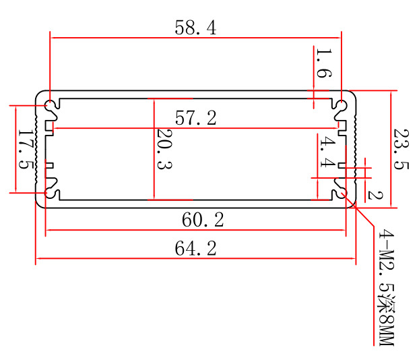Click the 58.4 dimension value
195,28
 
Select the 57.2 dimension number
195,118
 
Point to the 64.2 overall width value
195,248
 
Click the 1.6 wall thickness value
323,64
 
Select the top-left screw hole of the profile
51,106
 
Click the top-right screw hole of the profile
341,106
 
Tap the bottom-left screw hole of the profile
51,193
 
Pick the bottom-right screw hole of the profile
341,193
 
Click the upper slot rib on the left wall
50,127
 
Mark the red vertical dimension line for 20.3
154,149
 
